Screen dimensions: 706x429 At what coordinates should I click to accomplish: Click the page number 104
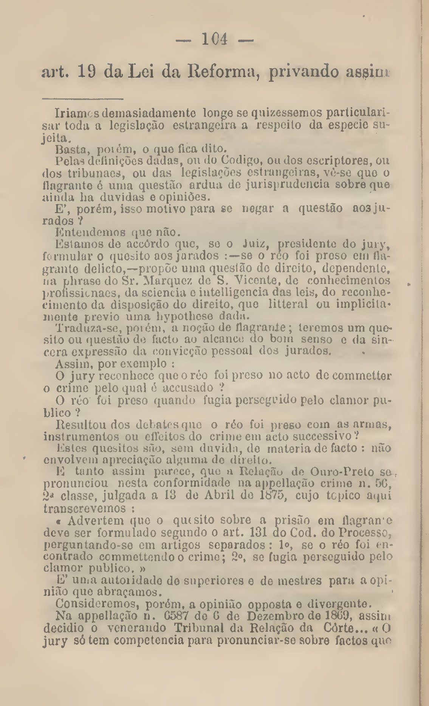(214, 39)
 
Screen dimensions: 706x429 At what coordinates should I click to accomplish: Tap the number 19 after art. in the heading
(88, 71)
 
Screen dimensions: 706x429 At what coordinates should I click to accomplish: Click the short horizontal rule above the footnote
(83, 100)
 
